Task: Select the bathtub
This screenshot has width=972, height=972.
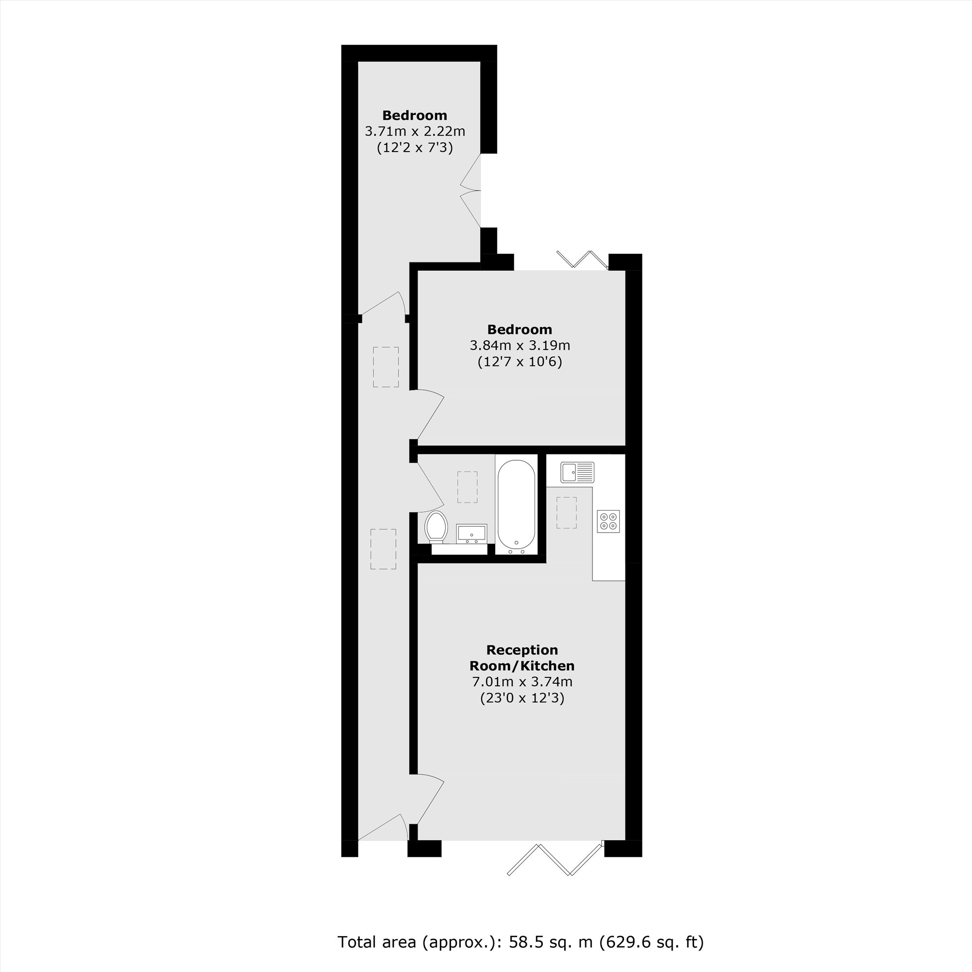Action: coord(516,506)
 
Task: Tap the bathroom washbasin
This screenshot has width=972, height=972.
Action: coord(471,533)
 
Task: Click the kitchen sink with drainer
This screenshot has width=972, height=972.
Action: coord(577,472)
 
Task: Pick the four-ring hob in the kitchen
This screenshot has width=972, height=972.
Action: coord(608,521)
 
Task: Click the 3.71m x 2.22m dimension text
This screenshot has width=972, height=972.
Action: coord(415,132)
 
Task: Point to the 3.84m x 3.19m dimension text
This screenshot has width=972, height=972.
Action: coord(520,346)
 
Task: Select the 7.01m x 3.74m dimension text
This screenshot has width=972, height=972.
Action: coord(521,682)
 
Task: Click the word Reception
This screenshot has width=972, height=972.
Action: coord(521,650)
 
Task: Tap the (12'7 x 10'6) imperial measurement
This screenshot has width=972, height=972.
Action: coord(520,362)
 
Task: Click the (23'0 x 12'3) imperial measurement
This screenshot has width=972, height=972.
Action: coord(521,698)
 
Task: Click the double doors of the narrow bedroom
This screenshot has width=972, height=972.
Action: coord(471,191)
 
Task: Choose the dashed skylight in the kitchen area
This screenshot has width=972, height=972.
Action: coord(567,513)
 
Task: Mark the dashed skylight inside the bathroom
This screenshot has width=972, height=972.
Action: coord(468,487)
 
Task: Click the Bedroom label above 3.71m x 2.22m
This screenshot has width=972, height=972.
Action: coord(415,115)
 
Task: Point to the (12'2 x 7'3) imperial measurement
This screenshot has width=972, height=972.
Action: coord(415,148)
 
